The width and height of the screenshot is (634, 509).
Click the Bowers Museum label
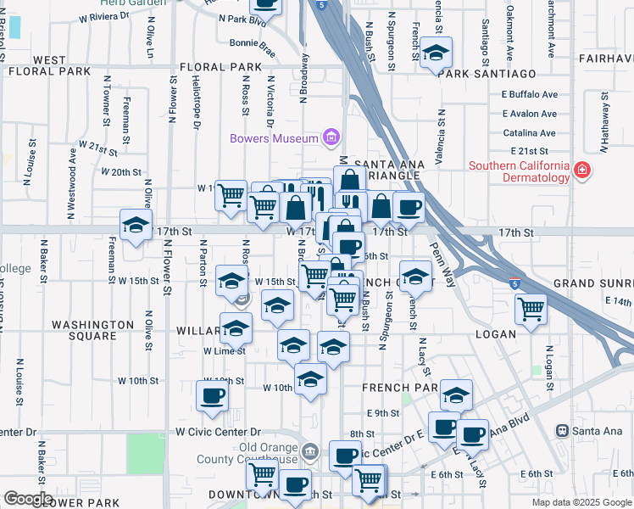click(x=273, y=138)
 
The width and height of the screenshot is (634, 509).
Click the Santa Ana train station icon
click(x=561, y=431)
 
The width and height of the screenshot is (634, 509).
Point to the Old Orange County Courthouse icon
click(x=309, y=450)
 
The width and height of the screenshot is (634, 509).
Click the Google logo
click(x=28, y=499)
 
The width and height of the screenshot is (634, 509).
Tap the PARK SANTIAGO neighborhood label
click(x=488, y=75)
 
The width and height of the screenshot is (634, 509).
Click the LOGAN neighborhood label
click(x=496, y=334)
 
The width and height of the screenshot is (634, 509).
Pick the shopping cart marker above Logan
click(x=531, y=308)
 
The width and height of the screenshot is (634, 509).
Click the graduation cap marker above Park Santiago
click(x=437, y=53)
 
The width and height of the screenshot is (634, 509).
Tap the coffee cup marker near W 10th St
click(x=212, y=394)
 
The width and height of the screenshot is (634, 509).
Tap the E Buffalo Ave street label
click(x=529, y=94)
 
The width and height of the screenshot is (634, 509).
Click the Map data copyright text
click(x=581, y=502)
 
